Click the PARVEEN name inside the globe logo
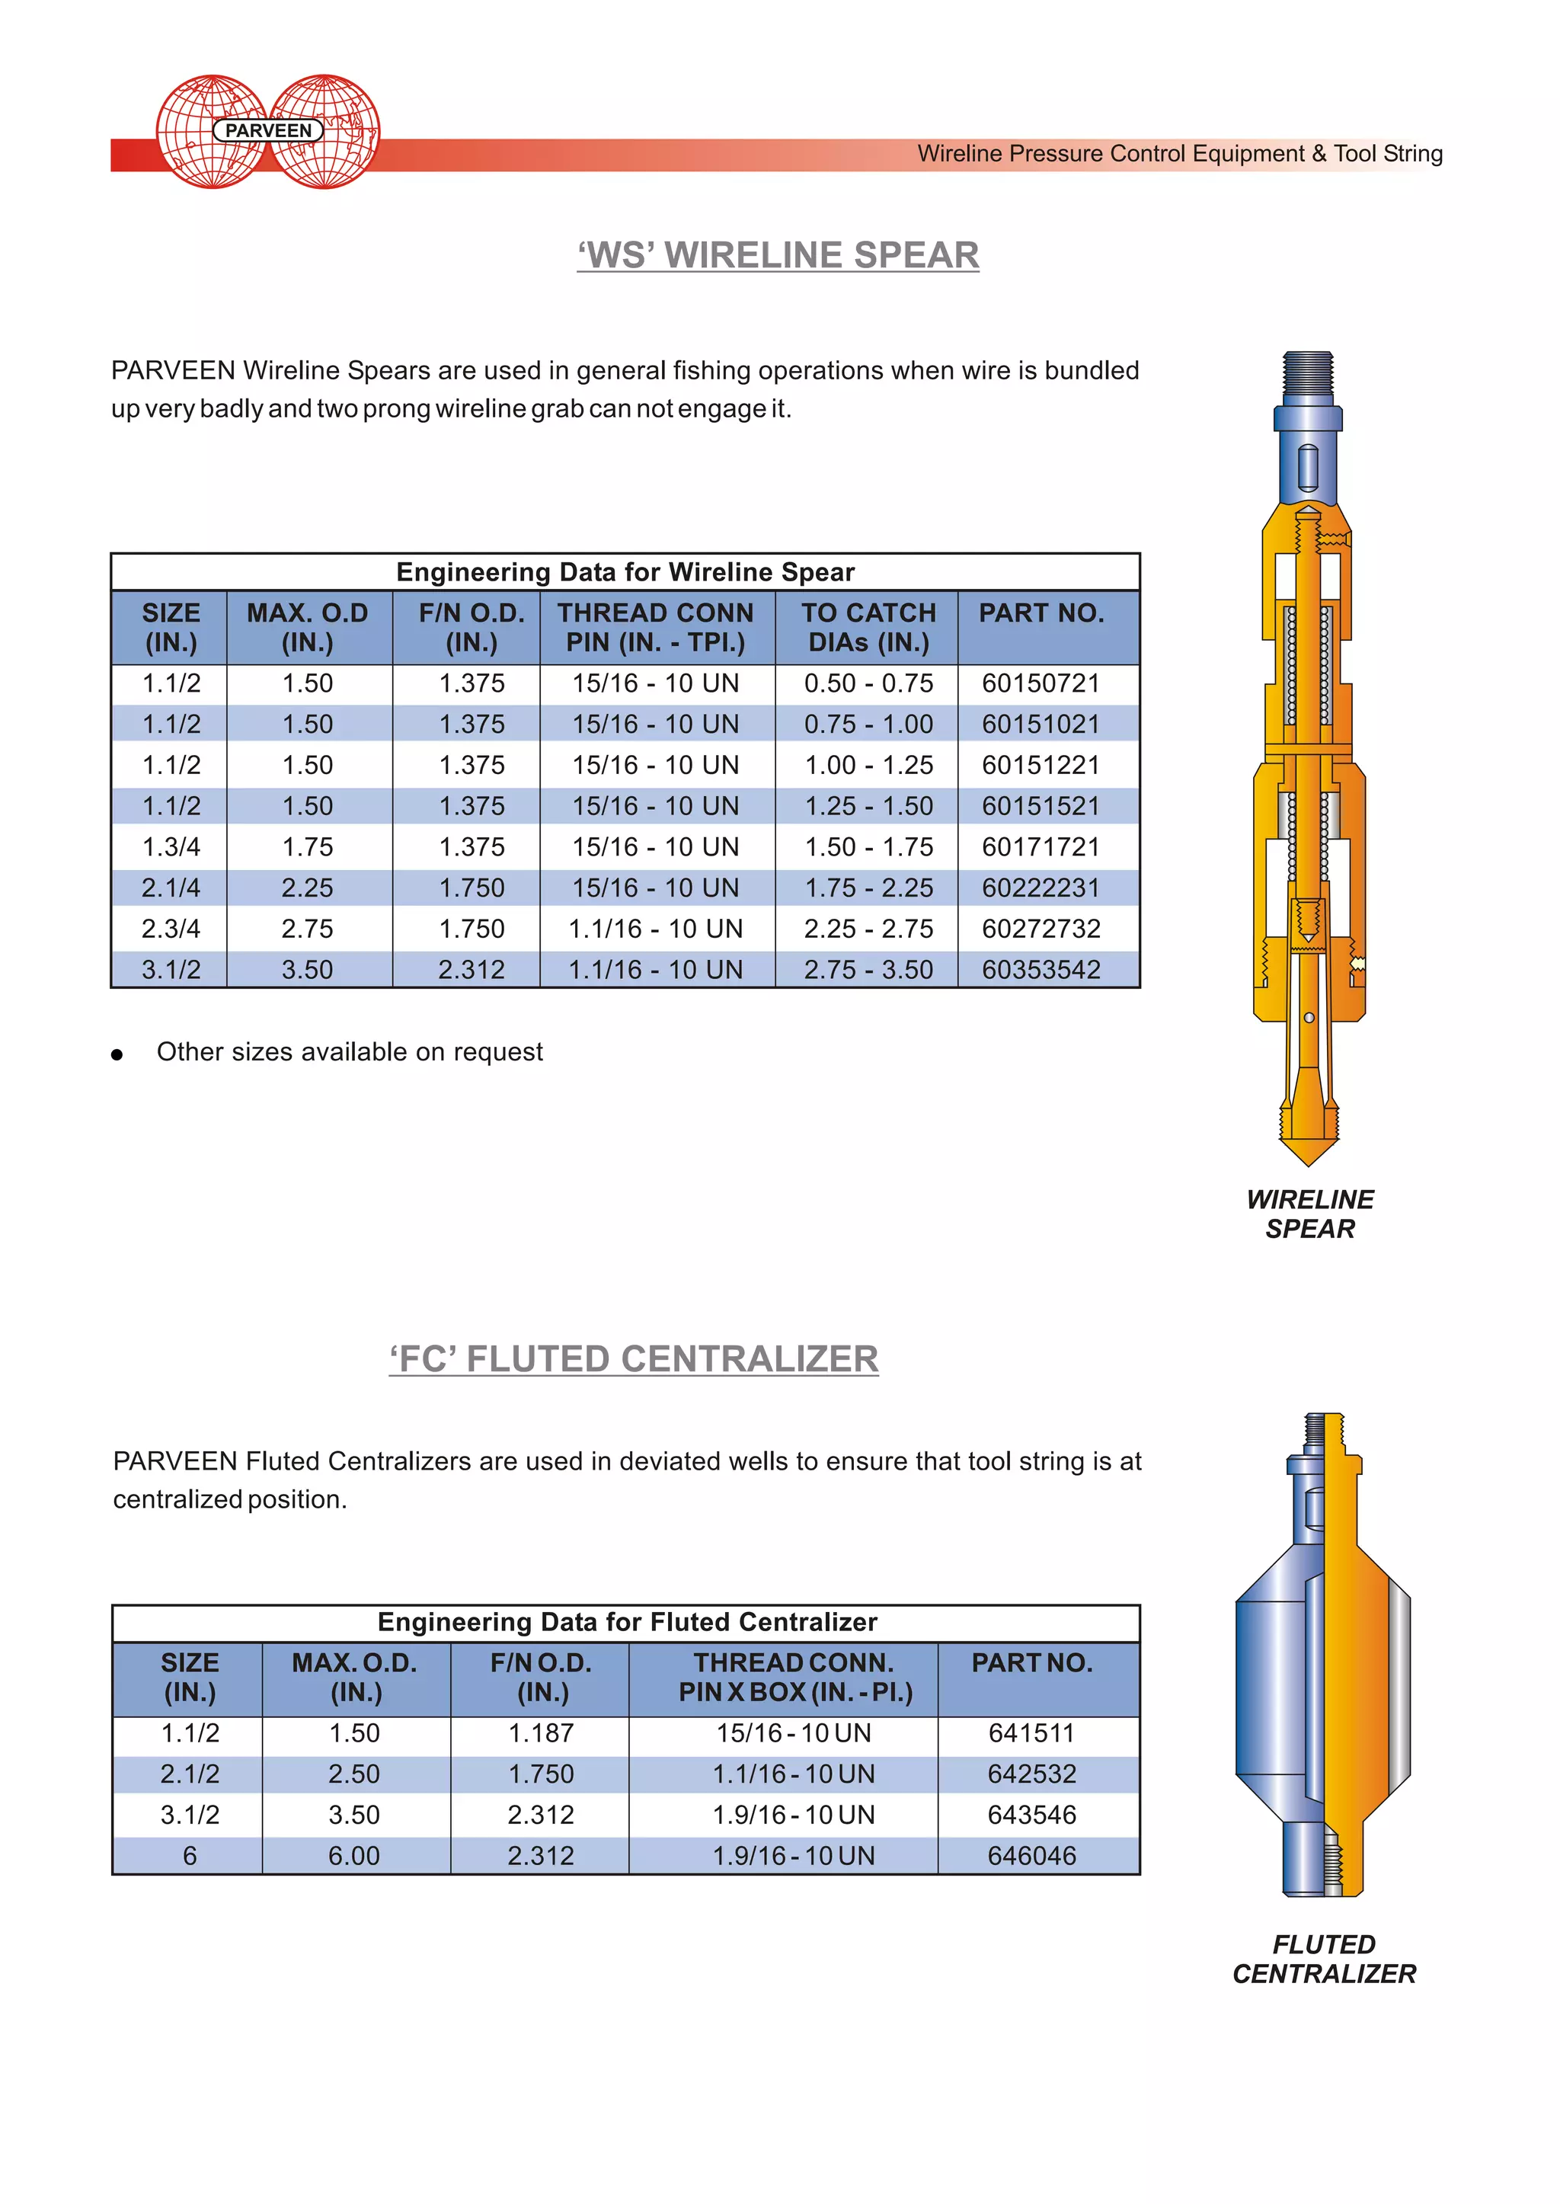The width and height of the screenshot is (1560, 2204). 268,131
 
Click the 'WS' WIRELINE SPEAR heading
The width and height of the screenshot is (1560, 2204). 778,254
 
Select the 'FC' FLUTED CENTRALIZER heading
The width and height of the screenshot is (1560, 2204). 634,1358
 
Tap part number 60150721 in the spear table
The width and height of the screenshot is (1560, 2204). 1041,683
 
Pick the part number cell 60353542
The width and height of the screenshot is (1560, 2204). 1041,969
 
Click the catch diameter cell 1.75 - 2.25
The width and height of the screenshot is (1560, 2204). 868,888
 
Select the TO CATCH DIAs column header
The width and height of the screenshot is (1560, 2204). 868,628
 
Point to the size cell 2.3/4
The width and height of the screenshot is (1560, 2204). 171,929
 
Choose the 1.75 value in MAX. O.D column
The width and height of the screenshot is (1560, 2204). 308,847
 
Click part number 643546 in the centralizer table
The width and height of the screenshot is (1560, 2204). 1031,1815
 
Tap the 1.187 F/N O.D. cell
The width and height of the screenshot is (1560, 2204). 541,1733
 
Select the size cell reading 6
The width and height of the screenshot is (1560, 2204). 189,1856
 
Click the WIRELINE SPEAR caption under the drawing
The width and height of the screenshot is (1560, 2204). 1309,1214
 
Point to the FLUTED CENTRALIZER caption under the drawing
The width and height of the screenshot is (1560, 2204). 1324,1959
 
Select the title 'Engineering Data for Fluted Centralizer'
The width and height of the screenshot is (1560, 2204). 627,1623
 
